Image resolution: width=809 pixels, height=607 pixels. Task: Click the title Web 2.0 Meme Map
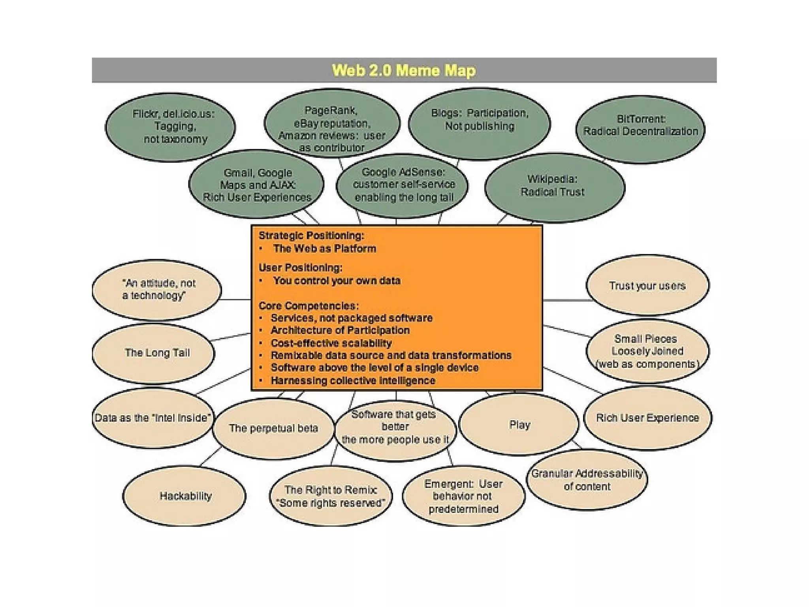click(404, 70)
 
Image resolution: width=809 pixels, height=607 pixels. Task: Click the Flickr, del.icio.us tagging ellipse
click(171, 126)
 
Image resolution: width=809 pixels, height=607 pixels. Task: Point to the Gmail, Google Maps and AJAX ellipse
click(257, 185)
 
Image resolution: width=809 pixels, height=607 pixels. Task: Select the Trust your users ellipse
click(647, 286)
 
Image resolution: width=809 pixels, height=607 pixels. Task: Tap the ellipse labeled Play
click(519, 425)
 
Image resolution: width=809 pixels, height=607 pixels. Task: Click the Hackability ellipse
click(185, 496)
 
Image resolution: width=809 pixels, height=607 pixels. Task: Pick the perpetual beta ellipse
click(273, 428)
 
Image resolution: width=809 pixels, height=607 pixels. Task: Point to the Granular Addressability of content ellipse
click(587, 480)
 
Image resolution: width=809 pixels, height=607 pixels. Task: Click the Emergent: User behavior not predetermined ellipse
click(463, 496)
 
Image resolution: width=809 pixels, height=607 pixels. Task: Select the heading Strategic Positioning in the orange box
click(311, 236)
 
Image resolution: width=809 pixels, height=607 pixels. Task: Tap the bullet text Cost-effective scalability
click(331, 343)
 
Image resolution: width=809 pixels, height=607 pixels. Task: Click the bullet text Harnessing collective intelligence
click(353, 381)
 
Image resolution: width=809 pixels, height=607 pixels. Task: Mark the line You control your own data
click(337, 281)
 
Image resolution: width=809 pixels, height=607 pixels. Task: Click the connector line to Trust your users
click(565, 300)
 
